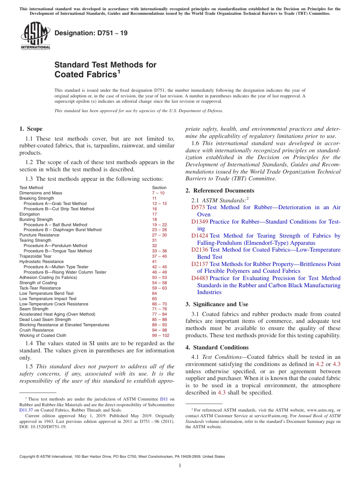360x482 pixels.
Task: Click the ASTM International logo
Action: click(35, 36)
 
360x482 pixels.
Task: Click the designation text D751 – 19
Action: click(91, 33)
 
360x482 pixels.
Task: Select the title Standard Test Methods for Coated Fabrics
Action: click(105, 69)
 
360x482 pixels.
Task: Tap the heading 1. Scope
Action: click(31, 129)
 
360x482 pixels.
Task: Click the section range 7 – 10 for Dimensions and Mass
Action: click(158, 193)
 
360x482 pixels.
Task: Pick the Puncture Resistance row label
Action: click(39, 235)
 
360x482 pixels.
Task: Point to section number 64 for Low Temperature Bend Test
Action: click(154, 293)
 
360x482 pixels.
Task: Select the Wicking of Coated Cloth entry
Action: click(43, 335)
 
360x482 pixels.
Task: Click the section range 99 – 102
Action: click(160, 335)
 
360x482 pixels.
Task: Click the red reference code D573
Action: click(198, 207)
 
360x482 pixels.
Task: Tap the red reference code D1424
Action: click(200, 236)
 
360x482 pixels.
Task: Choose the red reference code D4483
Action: click(200, 278)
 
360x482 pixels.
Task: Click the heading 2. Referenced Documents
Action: click(220, 191)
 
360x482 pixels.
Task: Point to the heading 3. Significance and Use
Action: click(217, 304)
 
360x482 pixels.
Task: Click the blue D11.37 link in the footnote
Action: click(26, 410)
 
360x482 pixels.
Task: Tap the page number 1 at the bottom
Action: click(180, 466)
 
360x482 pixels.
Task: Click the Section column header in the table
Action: click(159, 188)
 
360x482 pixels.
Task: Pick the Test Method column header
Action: click(31, 188)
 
